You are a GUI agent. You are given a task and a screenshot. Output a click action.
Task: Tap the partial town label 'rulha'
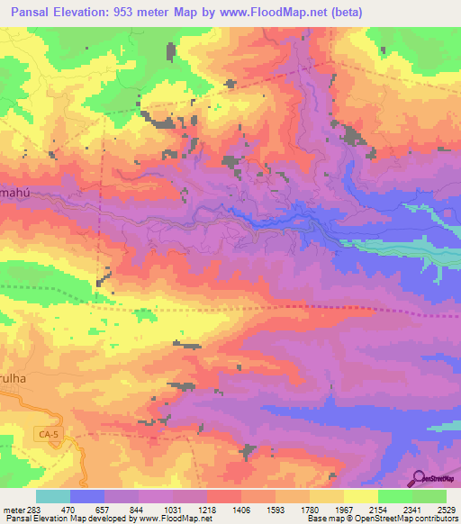[x=15, y=379]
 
